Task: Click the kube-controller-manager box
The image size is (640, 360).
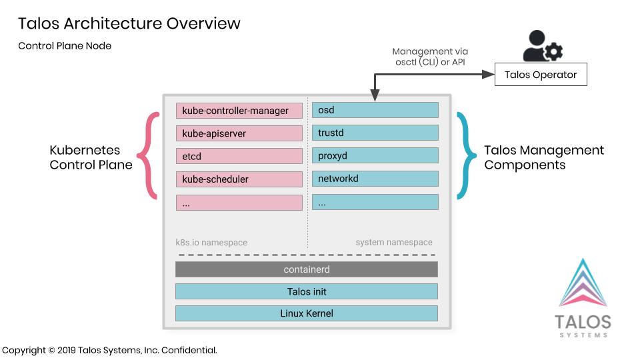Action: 239,111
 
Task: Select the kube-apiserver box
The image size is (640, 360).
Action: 239,133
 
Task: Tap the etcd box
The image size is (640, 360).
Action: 239,156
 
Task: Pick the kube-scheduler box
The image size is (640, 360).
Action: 239,179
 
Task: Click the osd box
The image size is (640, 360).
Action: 375,110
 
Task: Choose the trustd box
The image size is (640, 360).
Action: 375,133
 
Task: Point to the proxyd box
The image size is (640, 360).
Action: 375,155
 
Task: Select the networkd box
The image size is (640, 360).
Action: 375,179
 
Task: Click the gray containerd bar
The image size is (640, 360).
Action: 307,269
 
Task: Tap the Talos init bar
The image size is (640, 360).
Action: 307,291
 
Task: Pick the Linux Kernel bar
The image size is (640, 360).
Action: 307,313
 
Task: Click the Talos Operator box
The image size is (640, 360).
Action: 541,74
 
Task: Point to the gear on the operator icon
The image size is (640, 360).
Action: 554,52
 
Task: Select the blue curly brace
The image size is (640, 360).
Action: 466,155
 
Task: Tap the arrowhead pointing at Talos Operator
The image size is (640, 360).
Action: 488,74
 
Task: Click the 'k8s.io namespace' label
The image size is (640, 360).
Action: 211,243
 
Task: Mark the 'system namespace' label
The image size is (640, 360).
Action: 394,242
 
